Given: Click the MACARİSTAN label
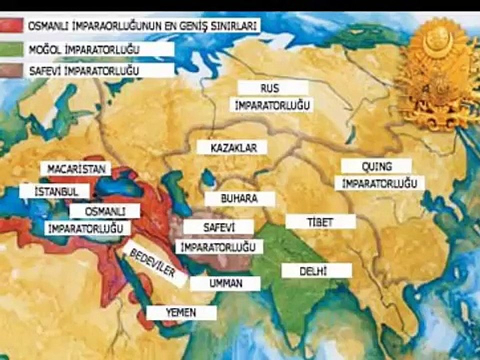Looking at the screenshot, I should click(76, 169).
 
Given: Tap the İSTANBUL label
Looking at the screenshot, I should click(55, 191).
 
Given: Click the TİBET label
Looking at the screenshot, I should click(320, 222).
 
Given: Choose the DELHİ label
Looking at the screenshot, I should click(316, 271).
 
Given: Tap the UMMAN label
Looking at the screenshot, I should click(225, 283).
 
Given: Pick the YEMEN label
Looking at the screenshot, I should click(181, 313).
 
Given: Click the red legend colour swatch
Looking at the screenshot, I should click(11, 25).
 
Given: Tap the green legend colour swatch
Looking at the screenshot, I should click(11, 49).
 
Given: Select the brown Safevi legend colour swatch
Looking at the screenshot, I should click(11, 70).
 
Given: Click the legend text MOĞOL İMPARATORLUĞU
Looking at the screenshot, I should click(83, 49).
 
